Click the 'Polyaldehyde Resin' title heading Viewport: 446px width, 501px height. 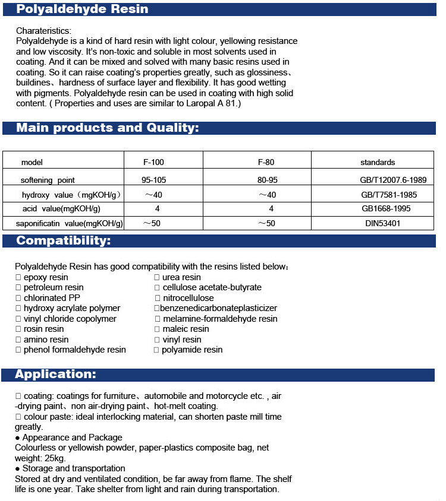(x=82, y=9)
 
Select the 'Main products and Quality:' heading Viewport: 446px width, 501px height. (x=107, y=128)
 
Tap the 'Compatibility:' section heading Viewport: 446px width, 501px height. (x=63, y=240)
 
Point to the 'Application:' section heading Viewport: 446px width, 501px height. (x=55, y=374)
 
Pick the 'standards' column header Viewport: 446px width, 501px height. (x=377, y=162)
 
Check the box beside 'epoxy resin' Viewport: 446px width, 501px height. (x=19, y=277)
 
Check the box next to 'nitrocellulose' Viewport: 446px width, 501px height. (x=158, y=298)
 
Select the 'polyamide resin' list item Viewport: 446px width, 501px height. (x=191, y=350)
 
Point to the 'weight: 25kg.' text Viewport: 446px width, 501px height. (x=40, y=458)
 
